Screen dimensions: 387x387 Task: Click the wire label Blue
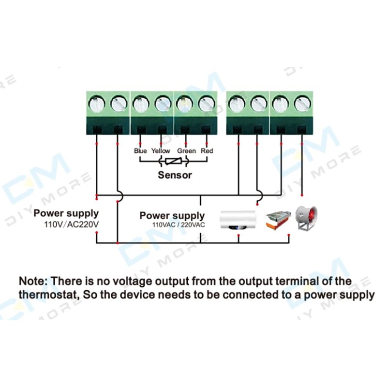(x=140, y=151)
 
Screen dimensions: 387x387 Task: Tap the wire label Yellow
(x=161, y=151)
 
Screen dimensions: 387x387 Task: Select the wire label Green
(x=186, y=151)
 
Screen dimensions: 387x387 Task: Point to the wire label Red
(x=207, y=151)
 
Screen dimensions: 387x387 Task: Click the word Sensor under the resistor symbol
(x=175, y=175)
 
